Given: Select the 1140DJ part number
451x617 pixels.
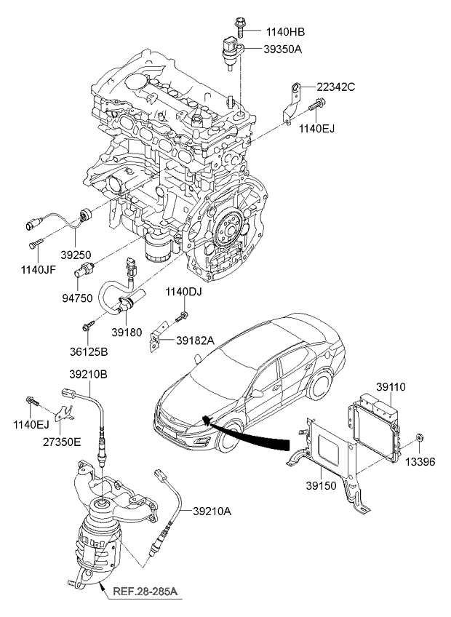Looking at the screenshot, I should tap(182, 292).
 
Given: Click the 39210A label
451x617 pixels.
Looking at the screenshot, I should tap(212, 511).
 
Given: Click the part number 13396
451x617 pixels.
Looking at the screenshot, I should tap(420, 461).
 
